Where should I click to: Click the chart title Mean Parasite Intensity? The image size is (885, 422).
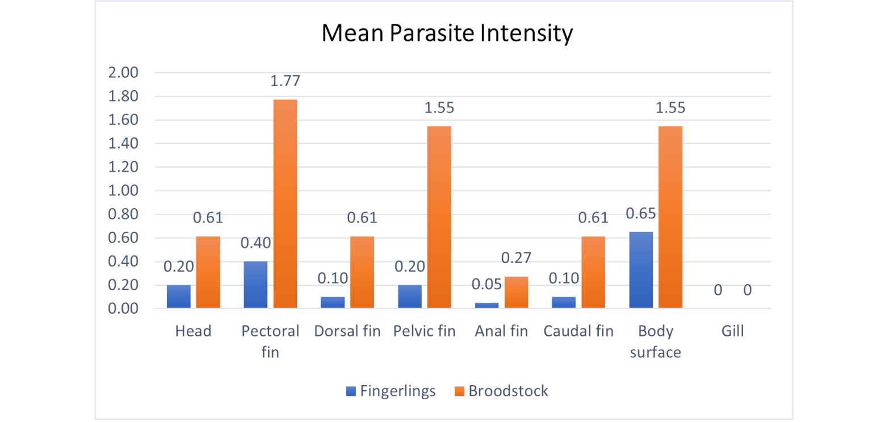[x=447, y=34]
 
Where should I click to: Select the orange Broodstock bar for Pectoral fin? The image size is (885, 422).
[x=284, y=204]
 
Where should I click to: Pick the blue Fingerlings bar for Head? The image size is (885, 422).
[x=178, y=297]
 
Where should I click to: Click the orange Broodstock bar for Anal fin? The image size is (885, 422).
[x=516, y=293]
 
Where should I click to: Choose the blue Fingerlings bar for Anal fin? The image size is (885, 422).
[x=486, y=305]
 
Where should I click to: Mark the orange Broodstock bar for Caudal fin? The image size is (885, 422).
[x=593, y=272]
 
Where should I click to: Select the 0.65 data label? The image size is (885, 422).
[x=641, y=214]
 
